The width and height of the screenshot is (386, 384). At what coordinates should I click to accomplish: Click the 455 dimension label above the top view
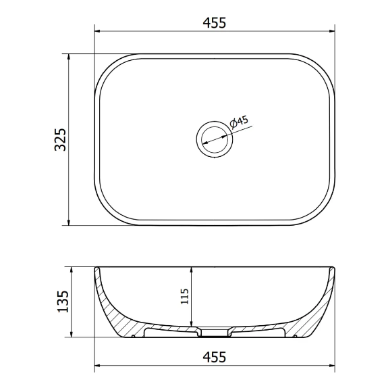214,23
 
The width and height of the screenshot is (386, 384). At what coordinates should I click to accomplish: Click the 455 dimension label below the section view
214,357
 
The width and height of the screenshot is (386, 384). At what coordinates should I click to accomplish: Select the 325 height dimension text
60,139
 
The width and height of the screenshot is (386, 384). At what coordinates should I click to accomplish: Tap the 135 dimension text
63,302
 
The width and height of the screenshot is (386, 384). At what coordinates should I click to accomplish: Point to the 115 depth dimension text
184,296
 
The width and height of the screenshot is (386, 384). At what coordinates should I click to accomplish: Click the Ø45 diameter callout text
239,122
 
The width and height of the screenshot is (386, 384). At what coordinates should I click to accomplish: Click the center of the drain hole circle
215,139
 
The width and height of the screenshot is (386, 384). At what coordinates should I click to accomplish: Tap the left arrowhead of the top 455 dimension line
97,31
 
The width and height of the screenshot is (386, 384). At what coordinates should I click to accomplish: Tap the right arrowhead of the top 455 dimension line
332,31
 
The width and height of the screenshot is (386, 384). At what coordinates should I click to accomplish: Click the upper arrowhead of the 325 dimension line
69,57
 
